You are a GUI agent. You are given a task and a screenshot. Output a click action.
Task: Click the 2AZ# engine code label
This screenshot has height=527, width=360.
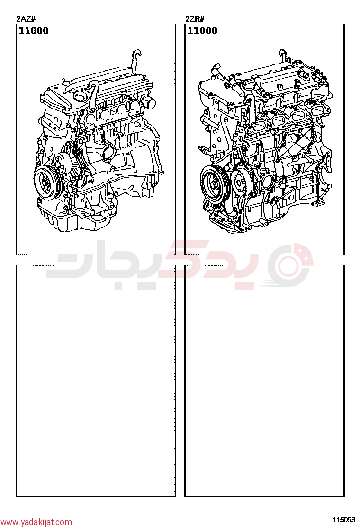tap(26, 19)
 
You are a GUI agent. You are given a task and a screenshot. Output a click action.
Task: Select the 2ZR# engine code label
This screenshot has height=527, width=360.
tap(194, 19)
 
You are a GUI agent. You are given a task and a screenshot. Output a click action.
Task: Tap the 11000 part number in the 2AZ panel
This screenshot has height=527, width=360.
tap(34, 31)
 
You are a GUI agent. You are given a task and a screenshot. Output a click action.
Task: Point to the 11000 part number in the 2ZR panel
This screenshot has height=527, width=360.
tap(203, 31)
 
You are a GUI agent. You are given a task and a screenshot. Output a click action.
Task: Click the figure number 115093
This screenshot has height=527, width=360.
tap(344, 519)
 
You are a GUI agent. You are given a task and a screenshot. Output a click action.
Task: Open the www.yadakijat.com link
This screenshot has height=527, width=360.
tap(36, 522)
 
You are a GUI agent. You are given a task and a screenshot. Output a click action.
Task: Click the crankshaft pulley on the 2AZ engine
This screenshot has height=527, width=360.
tap(46, 182)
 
